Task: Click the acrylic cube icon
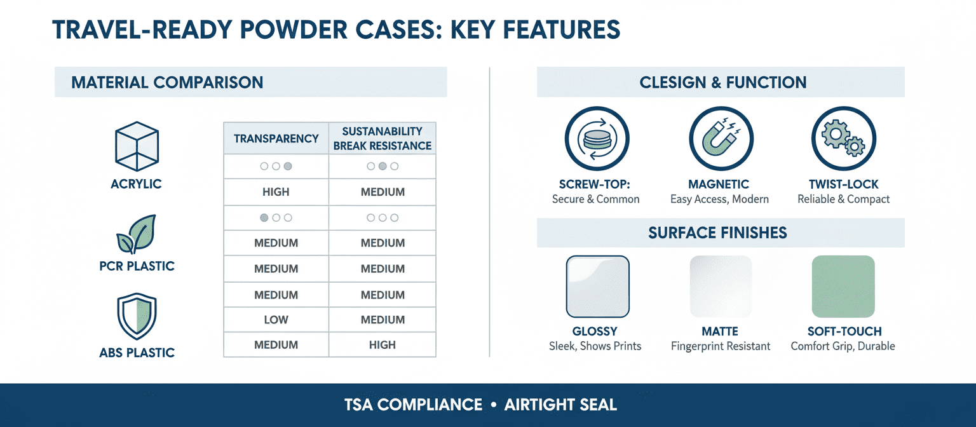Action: [x=137, y=146]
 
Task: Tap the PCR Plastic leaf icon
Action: [x=136, y=234]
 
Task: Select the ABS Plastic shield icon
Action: [x=137, y=316]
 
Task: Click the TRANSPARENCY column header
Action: [x=276, y=139]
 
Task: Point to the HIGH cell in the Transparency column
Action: [x=276, y=192]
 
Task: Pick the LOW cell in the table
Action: [x=276, y=320]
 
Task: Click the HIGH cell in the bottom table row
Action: [x=383, y=345]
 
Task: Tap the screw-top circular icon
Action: [x=597, y=139]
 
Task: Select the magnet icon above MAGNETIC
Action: [x=721, y=139]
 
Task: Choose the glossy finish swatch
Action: [x=598, y=287]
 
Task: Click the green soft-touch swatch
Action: [x=844, y=287]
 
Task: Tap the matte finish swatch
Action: [x=721, y=287]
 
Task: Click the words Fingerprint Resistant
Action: [x=721, y=346]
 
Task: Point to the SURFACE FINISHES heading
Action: [x=717, y=233]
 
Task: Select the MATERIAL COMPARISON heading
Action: [x=167, y=83]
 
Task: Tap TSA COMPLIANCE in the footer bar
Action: [x=414, y=405]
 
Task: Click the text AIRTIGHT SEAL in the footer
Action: [x=561, y=405]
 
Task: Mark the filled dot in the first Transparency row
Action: [x=288, y=166]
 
